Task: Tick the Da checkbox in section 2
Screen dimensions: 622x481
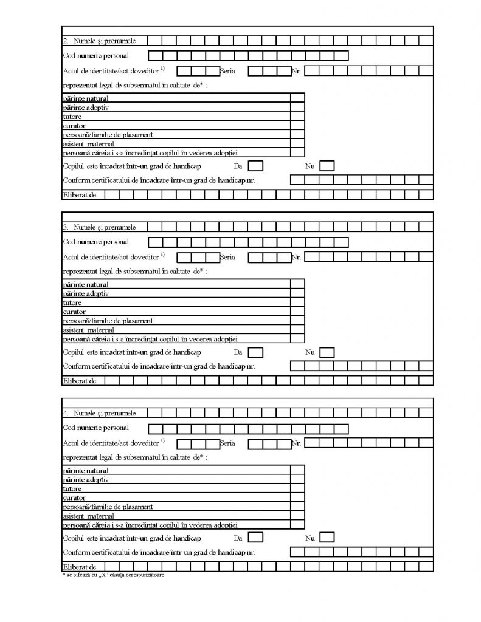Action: pyautogui.click(x=256, y=165)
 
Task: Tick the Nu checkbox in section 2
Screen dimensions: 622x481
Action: pyautogui.click(x=327, y=165)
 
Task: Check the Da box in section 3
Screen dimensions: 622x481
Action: pyautogui.click(x=256, y=352)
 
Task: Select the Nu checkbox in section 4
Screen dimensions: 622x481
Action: pyautogui.click(x=327, y=538)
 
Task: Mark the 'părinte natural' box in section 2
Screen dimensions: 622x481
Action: pyautogui.click(x=297, y=98)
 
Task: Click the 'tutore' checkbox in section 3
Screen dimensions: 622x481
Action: pyautogui.click(x=297, y=302)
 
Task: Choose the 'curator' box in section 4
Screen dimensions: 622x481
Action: pyautogui.click(x=297, y=497)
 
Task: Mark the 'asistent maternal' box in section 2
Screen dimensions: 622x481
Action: pyautogui.click(x=297, y=143)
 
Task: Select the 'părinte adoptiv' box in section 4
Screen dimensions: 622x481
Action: pyautogui.click(x=297, y=479)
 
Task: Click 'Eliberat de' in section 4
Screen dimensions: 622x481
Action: pyautogui.click(x=80, y=566)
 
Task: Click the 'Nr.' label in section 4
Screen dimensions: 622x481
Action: pyautogui.click(x=297, y=443)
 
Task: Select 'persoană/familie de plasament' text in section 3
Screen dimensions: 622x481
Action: pyautogui.click(x=108, y=321)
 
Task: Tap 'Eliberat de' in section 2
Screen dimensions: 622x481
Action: pyautogui.click(x=80, y=194)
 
